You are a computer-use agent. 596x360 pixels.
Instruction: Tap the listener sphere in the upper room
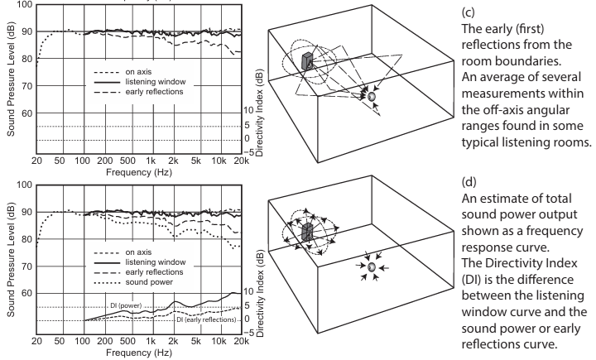click(372, 97)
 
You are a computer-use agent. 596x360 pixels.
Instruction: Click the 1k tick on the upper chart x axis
click(150, 158)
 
